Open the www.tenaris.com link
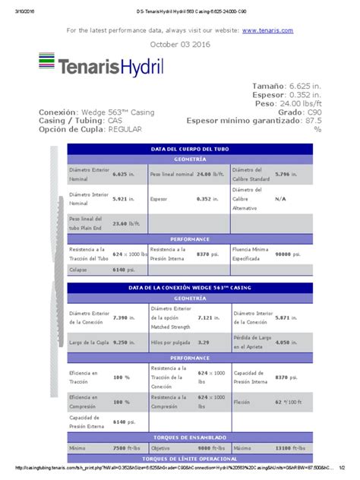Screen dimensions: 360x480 coord(267,30)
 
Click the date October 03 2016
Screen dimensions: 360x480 coord(179,44)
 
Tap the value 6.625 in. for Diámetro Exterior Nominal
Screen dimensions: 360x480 coord(124,174)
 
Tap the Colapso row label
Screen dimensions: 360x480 coord(78,270)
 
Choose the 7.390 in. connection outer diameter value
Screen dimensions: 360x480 coord(124,316)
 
